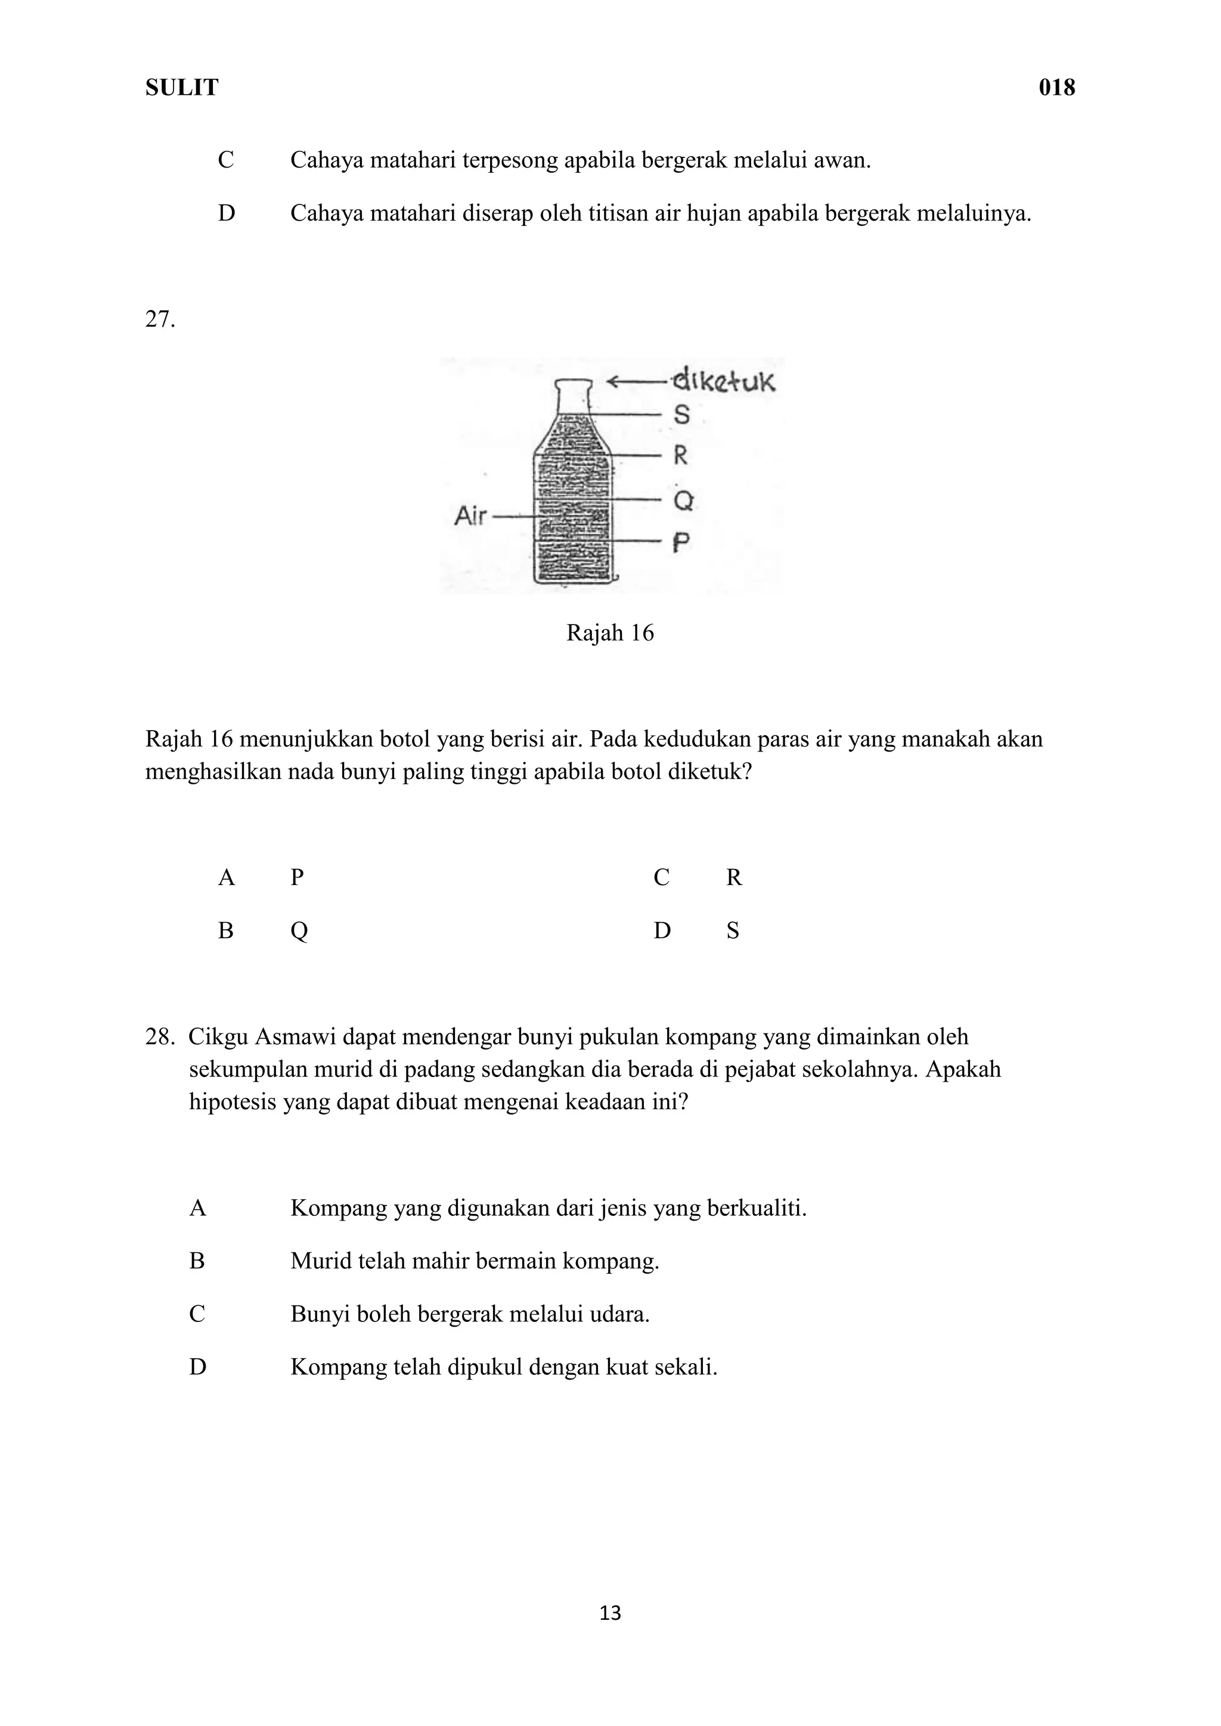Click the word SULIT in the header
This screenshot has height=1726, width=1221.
coord(181,88)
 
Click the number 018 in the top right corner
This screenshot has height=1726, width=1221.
coord(1056,88)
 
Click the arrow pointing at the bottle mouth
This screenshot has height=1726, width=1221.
coord(636,382)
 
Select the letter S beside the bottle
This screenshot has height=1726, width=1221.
coord(681,414)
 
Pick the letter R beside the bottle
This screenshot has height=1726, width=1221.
coord(680,455)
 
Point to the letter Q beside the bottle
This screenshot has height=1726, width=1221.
coord(683,500)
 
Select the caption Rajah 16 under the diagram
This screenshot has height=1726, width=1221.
coord(610,633)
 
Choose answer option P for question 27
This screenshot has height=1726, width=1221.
coord(297,877)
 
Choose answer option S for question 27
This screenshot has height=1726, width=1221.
coord(732,931)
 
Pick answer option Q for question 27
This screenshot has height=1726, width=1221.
coord(299,932)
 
